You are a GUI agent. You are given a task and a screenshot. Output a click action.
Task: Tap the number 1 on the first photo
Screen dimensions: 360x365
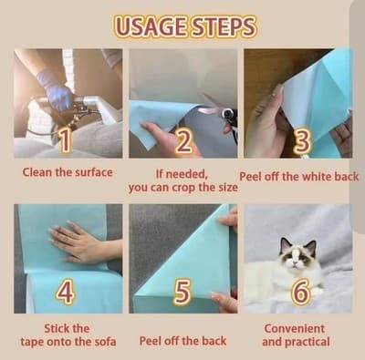point(65,140)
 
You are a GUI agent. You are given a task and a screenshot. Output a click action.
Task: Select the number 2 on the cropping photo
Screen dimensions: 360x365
point(182,141)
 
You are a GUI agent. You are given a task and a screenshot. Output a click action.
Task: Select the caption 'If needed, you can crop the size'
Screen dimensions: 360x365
point(182,180)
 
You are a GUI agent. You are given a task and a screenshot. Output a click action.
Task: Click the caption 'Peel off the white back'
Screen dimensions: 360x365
point(299,175)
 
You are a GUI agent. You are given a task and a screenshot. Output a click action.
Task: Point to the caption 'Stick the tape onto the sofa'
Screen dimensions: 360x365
point(68,334)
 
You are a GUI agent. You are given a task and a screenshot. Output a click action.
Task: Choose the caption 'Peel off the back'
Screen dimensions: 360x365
point(182,341)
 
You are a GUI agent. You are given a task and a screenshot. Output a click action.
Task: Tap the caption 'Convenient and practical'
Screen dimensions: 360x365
point(299,334)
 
